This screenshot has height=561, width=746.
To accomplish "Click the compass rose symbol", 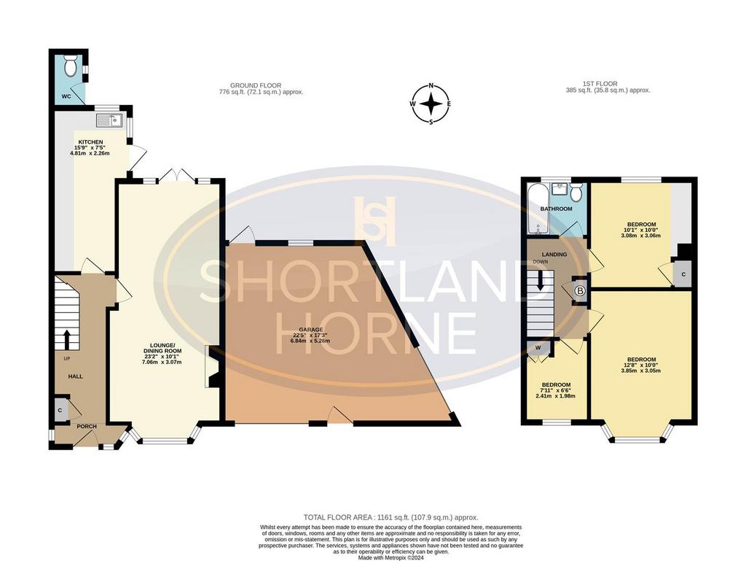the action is click(431, 104).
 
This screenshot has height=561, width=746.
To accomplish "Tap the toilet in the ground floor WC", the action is click(71, 65).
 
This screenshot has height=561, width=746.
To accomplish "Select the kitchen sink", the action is click(109, 121).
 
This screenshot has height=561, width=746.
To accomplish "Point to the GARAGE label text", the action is click(311, 330).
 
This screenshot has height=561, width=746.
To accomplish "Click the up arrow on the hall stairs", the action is click(66, 339).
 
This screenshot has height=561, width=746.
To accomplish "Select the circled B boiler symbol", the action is click(579, 290).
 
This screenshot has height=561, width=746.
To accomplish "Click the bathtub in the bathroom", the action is click(538, 209).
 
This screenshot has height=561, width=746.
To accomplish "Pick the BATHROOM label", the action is click(556, 209).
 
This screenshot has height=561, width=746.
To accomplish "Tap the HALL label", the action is click(75, 376).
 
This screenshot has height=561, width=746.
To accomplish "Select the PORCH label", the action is click(87, 426).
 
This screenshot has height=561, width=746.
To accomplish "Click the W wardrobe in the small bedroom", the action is click(538, 348).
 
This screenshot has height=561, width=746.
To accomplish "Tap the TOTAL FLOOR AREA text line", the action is click(390, 517).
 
